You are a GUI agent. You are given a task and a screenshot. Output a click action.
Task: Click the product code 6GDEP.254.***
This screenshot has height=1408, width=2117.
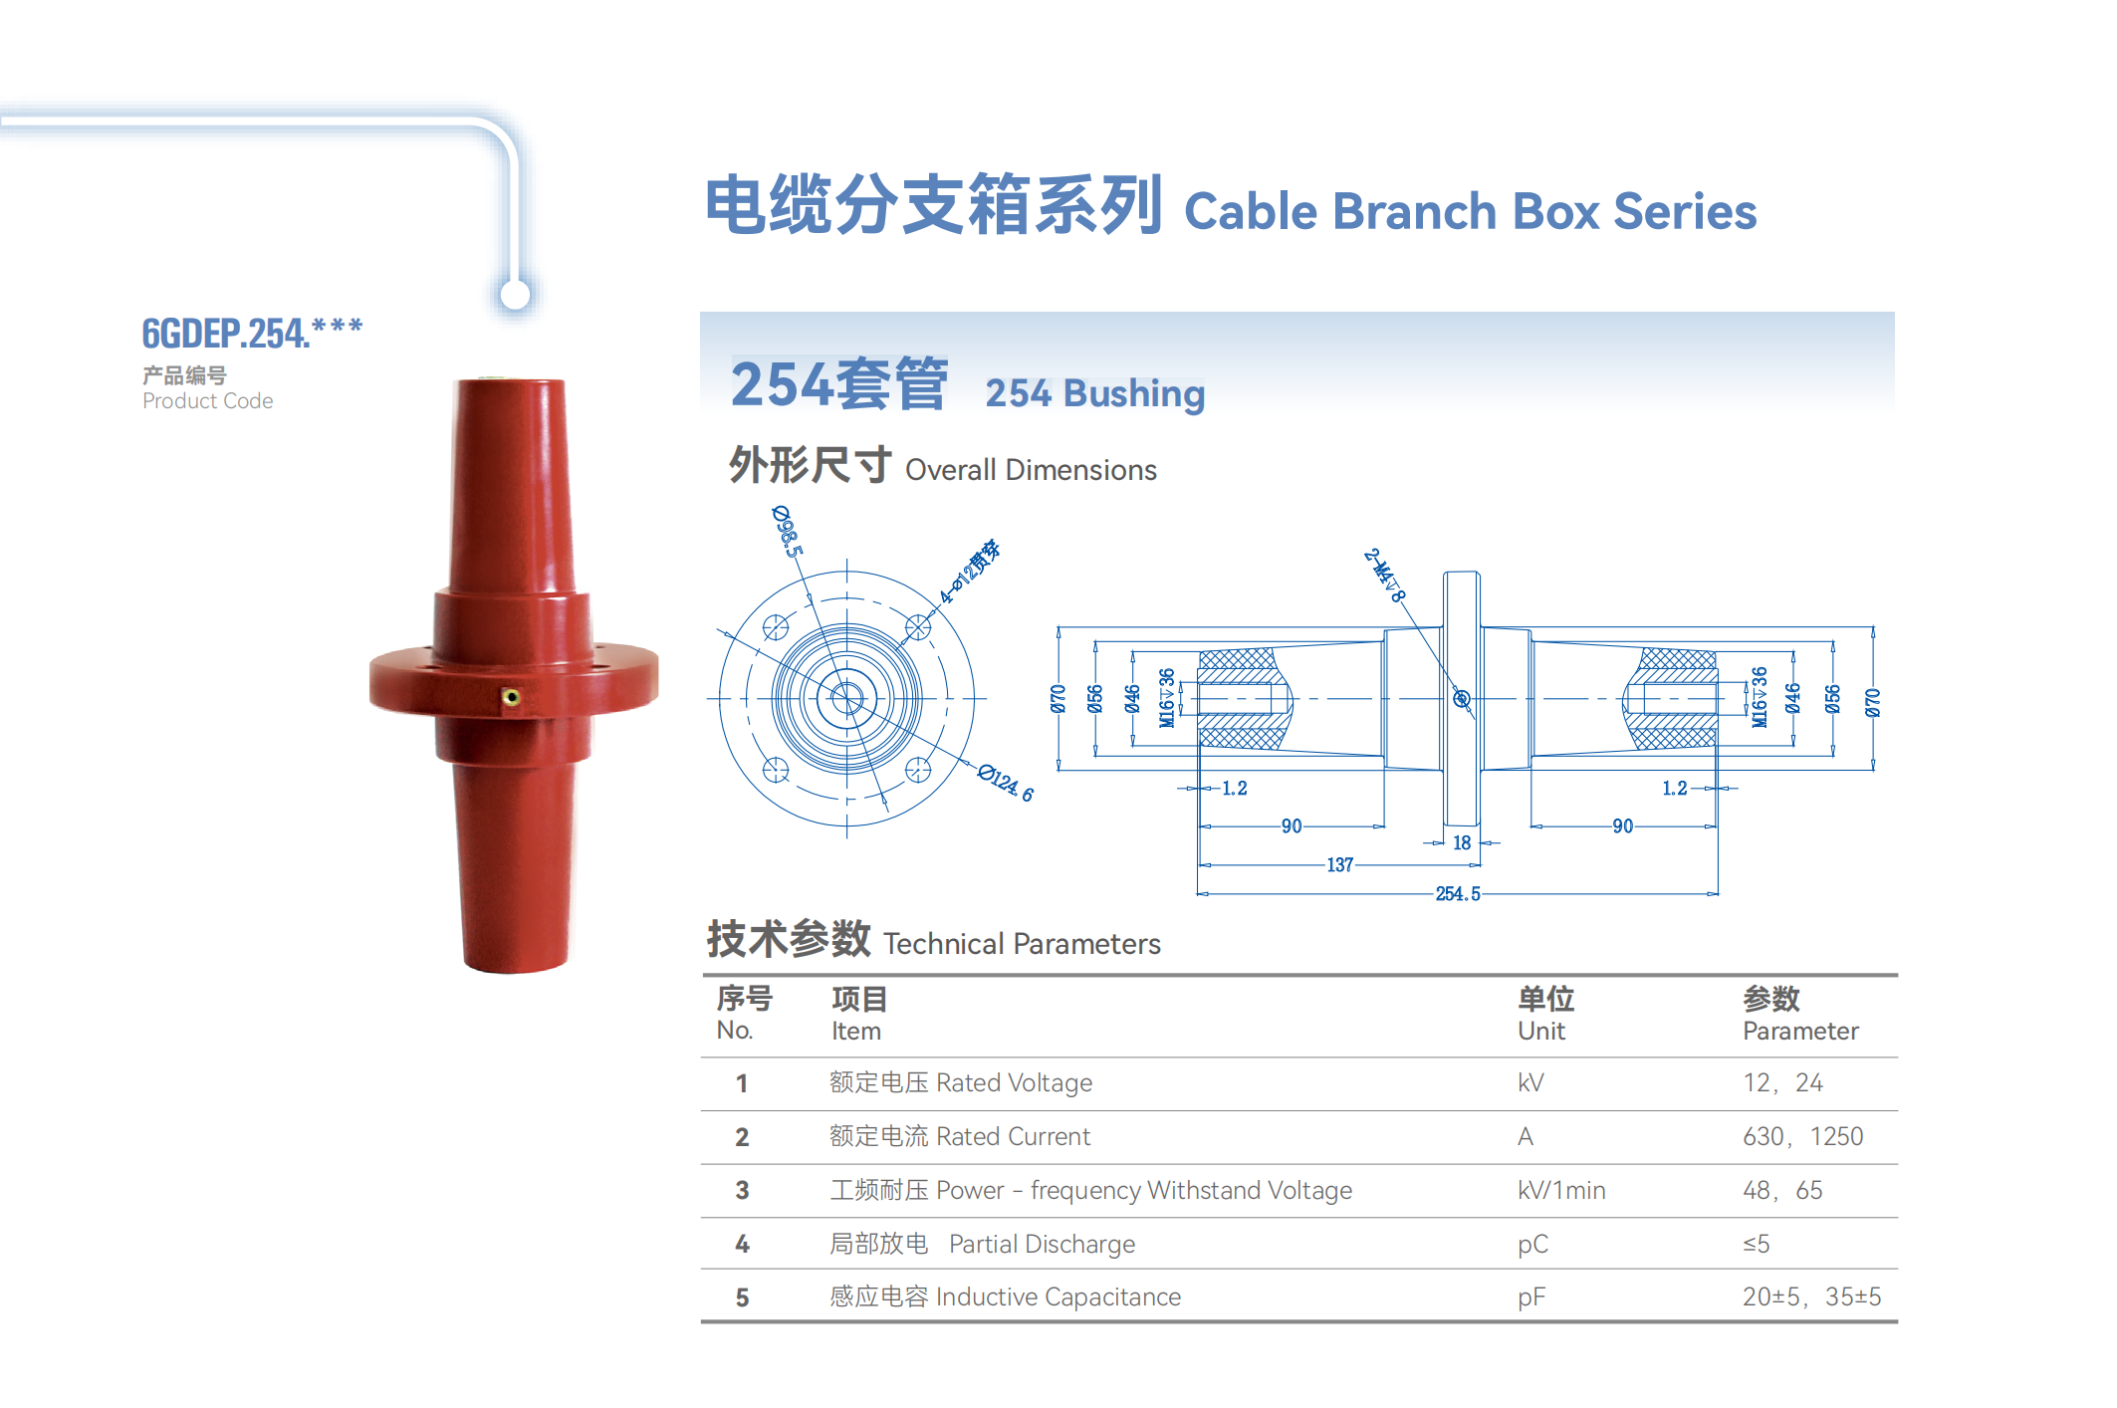252,333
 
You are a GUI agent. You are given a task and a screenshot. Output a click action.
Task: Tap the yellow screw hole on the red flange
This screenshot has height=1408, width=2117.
511,697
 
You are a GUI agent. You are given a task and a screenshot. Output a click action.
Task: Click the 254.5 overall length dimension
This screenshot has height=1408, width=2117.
1458,893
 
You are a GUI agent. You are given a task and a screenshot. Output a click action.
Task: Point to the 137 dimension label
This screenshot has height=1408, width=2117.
1340,864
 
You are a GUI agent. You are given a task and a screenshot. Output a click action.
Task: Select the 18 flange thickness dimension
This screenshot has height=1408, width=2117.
1462,842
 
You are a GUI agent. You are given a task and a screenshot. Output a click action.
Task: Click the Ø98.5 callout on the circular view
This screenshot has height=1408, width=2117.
788,531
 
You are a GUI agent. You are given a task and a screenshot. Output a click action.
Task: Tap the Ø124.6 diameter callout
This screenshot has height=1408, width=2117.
1006,783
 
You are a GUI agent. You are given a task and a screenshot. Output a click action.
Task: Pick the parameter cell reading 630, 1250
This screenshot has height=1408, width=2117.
1802,1136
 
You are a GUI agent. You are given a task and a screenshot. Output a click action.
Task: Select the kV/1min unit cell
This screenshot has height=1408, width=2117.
1561,1190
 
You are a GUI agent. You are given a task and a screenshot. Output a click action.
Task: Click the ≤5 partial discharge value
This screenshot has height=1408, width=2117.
1757,1244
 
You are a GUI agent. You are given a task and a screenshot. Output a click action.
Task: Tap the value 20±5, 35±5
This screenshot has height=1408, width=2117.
1811,1296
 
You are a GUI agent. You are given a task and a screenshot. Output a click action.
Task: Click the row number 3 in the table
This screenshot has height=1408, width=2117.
742,1190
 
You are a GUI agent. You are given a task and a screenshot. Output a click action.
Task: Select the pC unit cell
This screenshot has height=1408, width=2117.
1533,1245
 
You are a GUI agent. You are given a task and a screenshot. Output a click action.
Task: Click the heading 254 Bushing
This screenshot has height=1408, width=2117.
1095,392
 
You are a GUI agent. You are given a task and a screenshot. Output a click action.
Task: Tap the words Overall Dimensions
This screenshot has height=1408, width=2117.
1031,469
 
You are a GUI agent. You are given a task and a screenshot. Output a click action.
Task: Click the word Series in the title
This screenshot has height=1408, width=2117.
1685,211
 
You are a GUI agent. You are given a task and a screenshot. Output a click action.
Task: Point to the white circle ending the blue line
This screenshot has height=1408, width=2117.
515,295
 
